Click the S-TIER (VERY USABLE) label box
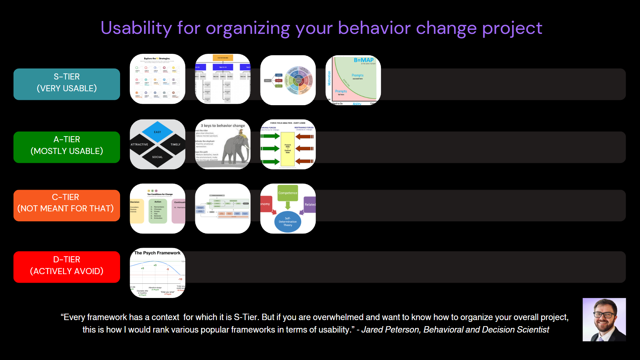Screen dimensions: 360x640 (x=67, y=84)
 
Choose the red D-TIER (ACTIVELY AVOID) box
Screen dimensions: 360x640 (x=67, y=267)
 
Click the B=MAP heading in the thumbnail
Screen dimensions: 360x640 (x=363, y=60)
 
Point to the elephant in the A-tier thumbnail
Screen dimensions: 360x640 (x=235, y=148)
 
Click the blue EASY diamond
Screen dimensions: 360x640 (x=158, y=132)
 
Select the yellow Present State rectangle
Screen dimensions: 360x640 (x=288, y=149)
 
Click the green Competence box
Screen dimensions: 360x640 (x=288, y=193)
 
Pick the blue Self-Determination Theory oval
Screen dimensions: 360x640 (x=288, y=222)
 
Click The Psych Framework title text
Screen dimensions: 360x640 (x=157, y=253)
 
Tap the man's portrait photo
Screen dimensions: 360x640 (x=604, y=319)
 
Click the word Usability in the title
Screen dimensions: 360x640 (x=136, y=28)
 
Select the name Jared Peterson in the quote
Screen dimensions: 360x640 (x=391, y=330)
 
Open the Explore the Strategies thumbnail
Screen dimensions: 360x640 (x=158, y=79)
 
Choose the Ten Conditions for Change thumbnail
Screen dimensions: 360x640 (x=158, y=209)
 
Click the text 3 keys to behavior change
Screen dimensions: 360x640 (x=223, y=126)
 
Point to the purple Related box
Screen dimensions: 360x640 (x=310, y=205)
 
